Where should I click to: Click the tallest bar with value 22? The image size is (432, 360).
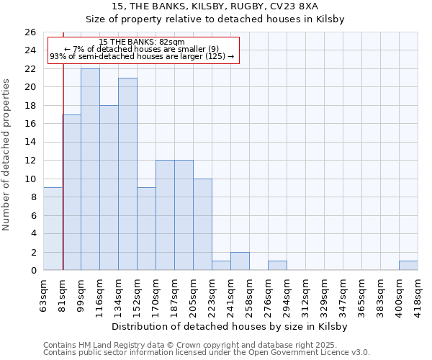pos(90,169)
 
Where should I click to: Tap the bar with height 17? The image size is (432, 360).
pos(71,192)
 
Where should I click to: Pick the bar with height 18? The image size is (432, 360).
pos(109,188)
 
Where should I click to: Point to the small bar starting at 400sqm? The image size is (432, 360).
pos(408,266)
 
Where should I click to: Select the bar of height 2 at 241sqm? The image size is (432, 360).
pos(240,261)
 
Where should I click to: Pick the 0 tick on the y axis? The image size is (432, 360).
pos(33,271)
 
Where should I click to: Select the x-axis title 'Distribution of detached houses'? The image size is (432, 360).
pos(230,327)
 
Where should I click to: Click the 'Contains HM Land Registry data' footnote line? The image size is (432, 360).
pos(206,345)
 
